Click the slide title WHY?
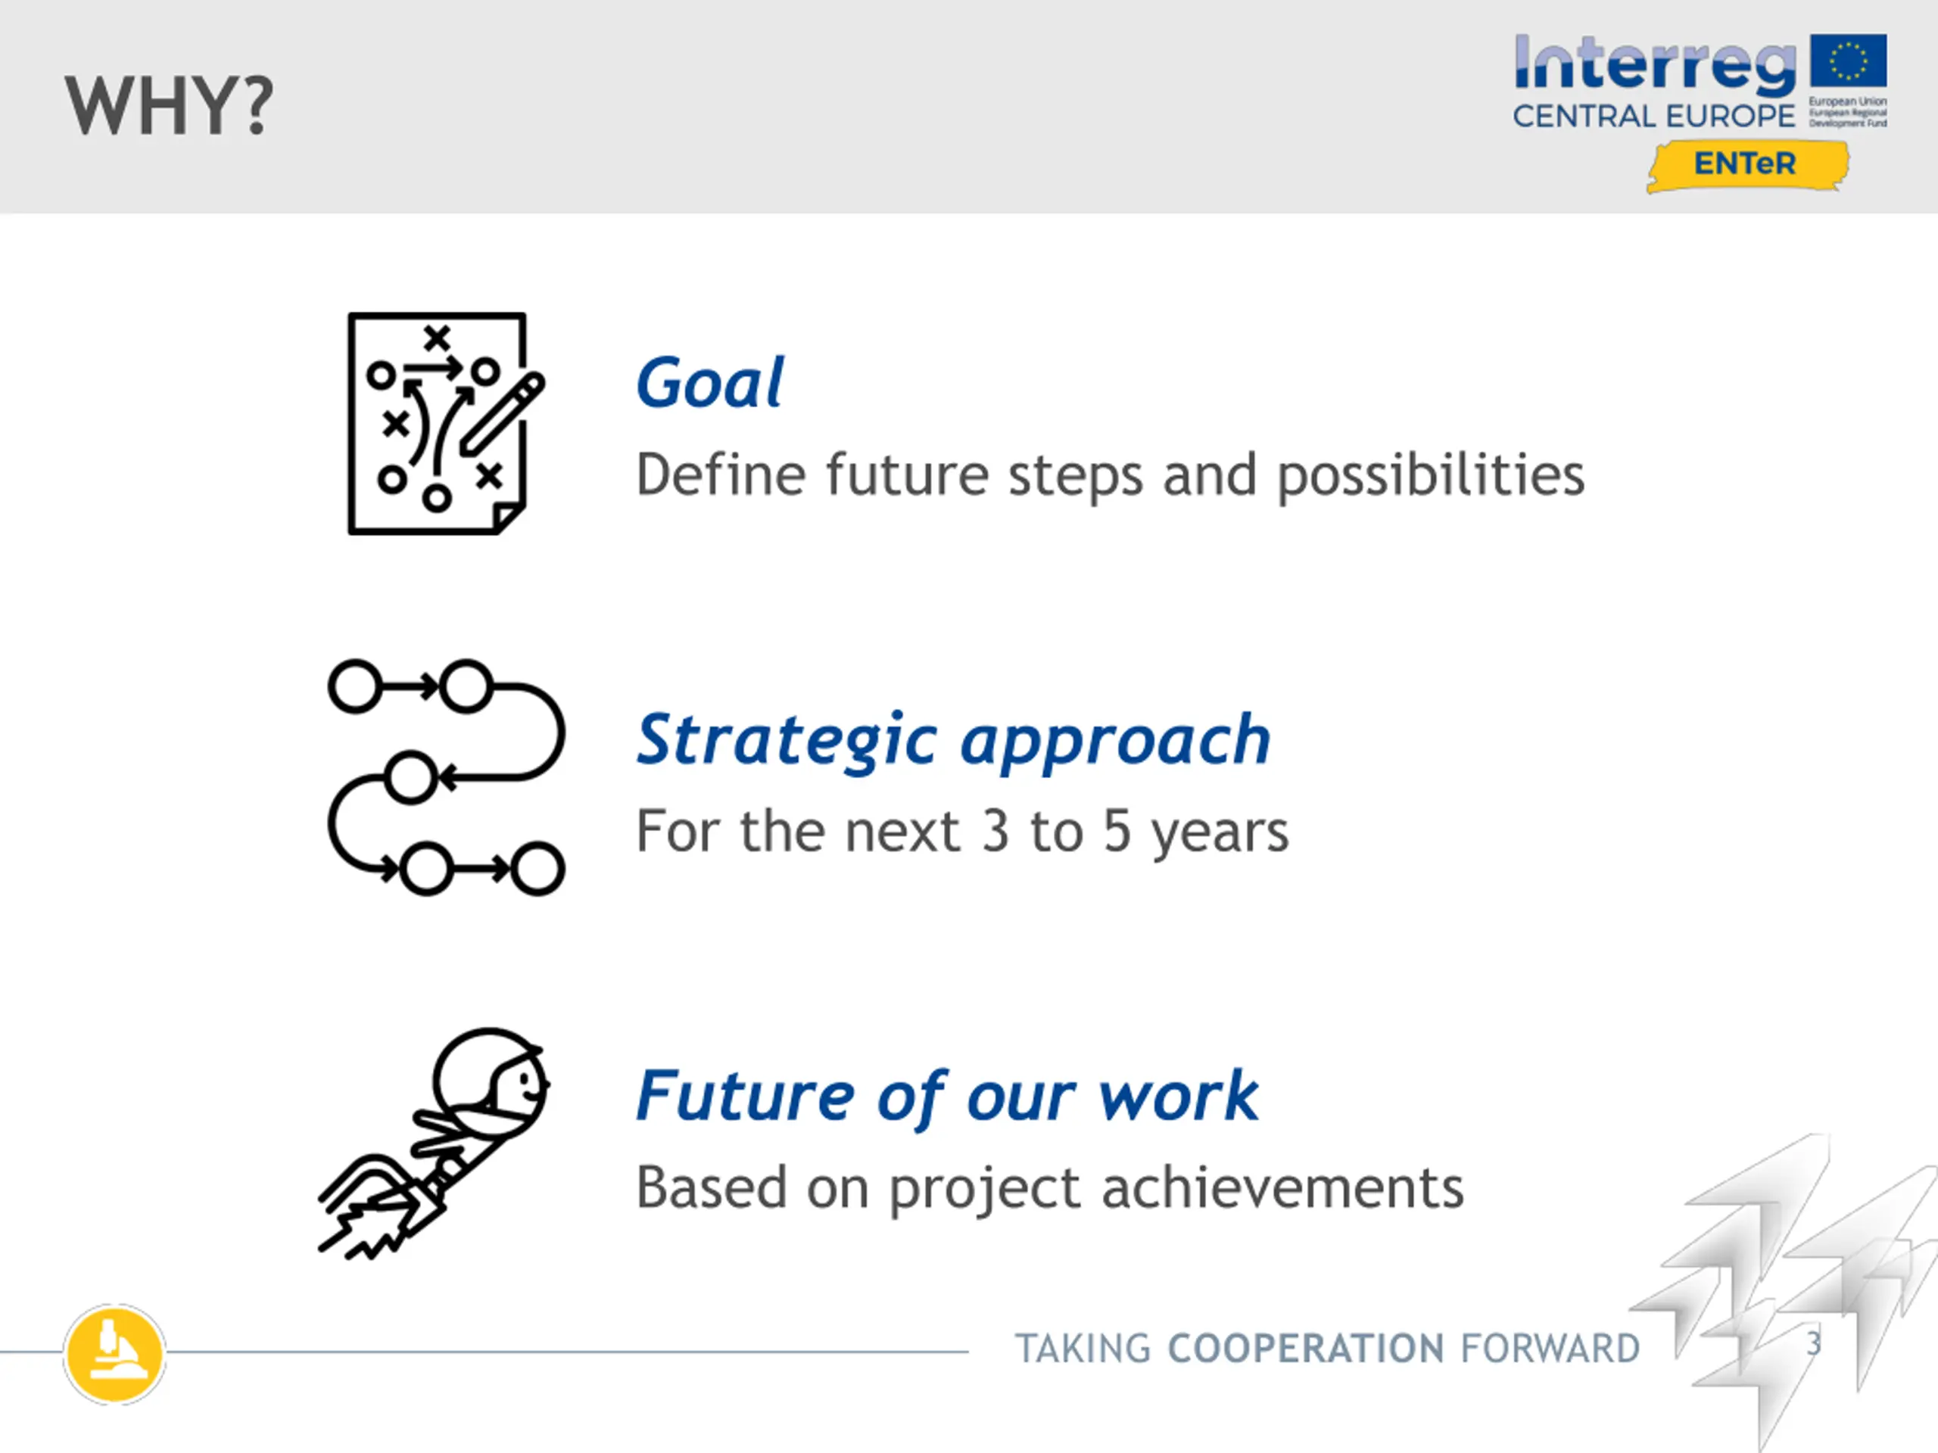coord(169,106)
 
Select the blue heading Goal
coord(709,384)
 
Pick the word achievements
coord(1282,1187)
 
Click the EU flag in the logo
coord(1849,61)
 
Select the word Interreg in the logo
coord(1654,66)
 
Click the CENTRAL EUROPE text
coord(1653,116)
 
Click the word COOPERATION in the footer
coord(1307,1349)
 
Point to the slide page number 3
coord(1814,1343)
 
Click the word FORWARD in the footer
coord(1550,1349)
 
